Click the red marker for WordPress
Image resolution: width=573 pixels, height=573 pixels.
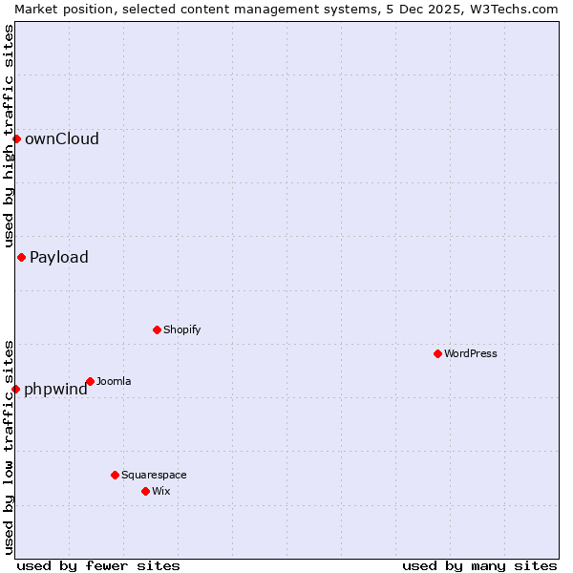click(x=437, y=353)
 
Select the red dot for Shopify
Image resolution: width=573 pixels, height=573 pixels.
click(x=157, y=329)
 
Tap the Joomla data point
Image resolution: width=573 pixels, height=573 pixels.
click(x=90, y=381)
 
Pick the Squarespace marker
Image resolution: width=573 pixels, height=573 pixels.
click(x=115, y=475)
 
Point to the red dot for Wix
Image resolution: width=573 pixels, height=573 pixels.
click(x=145, y=491)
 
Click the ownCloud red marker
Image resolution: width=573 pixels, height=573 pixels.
click(x=16, y=138)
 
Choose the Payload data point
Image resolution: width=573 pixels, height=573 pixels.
click(x=21, y=257)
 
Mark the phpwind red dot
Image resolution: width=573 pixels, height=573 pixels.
click(x=15, y=389)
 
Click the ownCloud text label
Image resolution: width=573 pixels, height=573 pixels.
click(x=62, y=138)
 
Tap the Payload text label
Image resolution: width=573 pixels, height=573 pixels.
click(x=59, y=257)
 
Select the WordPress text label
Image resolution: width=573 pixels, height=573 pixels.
click(x=471, y=353)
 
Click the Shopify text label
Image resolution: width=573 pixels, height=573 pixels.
click(x=182, y=329)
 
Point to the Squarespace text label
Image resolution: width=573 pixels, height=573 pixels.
click(x=154, y=475)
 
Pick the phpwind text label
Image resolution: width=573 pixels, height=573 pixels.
click(x=55, y=389)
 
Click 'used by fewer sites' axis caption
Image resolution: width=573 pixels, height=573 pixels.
click(x=98, y=565)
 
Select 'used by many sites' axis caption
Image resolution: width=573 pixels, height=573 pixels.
click(x=479, y=565)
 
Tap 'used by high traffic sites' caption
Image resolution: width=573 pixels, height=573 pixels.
click(x=9, y=137)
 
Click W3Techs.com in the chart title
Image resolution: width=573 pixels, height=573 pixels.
click(x=520, y=9)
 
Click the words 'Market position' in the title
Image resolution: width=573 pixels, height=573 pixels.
click(x=53, y=9)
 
